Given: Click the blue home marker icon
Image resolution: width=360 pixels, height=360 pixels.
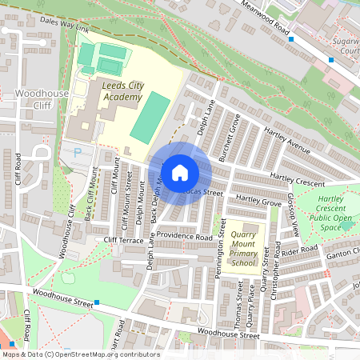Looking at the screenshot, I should click(180, 173).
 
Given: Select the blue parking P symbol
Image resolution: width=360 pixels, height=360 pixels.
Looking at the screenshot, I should click(78, 151).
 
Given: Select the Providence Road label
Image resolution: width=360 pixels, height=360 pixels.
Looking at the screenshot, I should click(186, 238).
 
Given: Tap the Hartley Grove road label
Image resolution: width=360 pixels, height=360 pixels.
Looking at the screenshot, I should click(258, 203).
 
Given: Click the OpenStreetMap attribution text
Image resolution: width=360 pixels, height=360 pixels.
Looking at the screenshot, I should click(80, 354).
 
